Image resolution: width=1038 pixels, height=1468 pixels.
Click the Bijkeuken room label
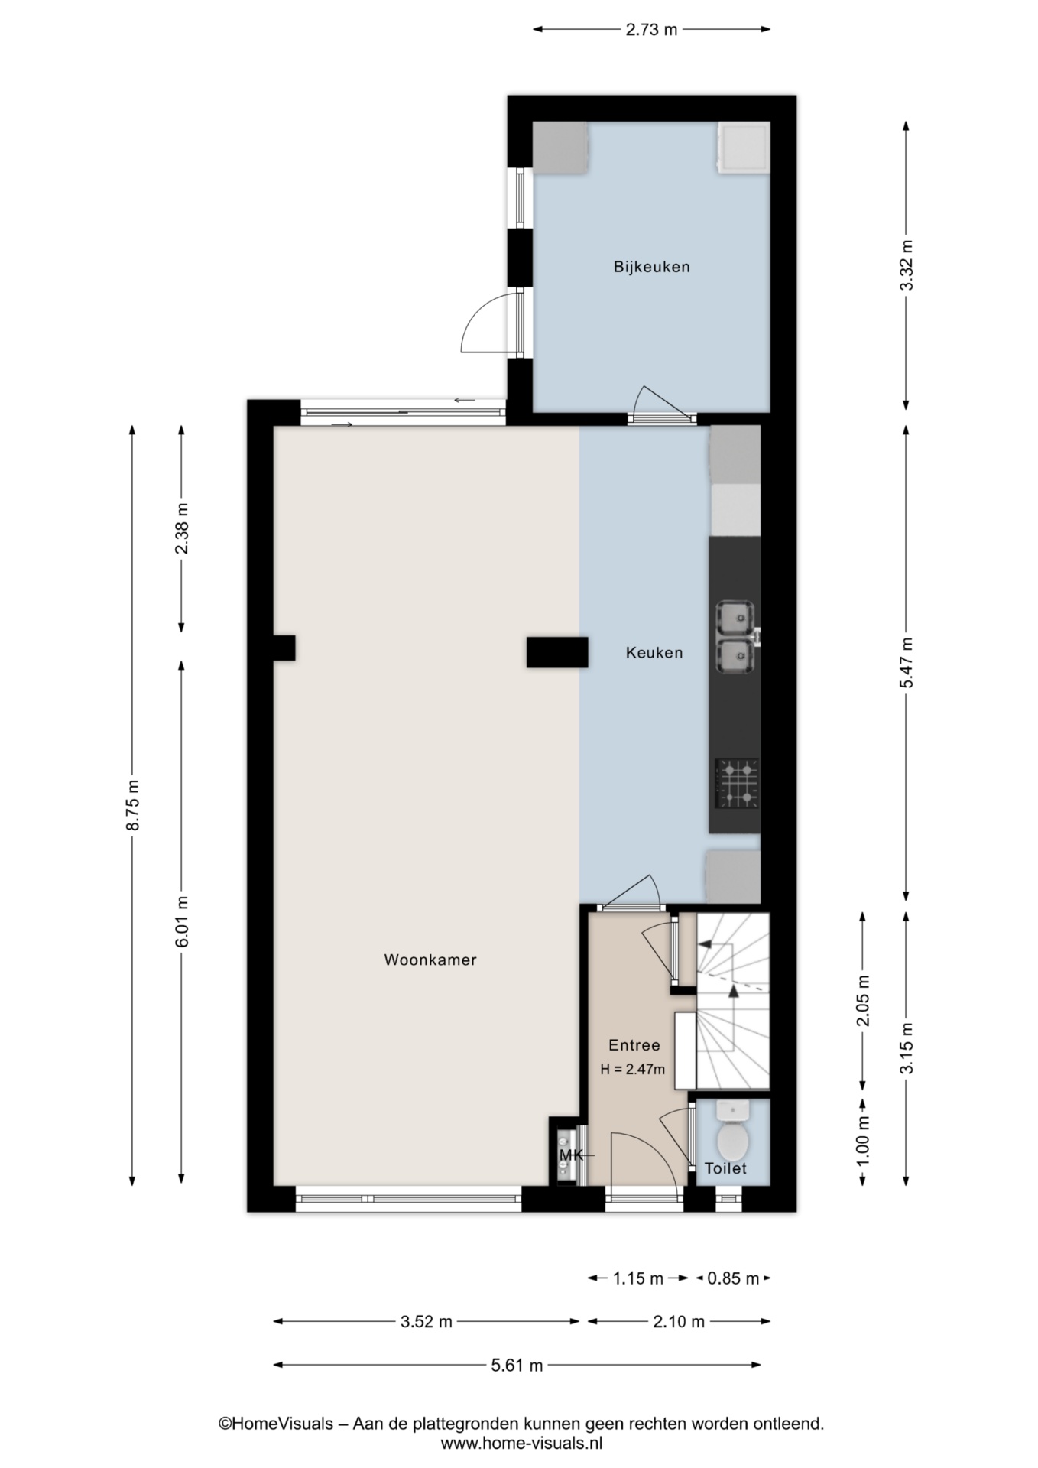click(651, 267)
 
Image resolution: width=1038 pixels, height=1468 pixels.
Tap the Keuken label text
click(654, 652)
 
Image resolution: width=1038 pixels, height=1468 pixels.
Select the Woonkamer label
click(430, 960)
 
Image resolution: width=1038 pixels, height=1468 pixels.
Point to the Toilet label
click(725, 1168)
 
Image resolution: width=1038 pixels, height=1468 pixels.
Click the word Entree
click(634, 1045)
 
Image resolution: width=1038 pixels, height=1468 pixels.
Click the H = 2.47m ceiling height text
click(633, 1070)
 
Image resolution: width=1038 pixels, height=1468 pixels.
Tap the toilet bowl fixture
click(733, 1135)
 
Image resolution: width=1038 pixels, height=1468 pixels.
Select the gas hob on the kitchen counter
click(737, 784)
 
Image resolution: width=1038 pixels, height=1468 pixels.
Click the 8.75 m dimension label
click(133, 805)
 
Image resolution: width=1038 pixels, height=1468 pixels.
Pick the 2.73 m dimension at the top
click(651, 30)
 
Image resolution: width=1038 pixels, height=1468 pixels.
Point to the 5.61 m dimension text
click(517, 1365)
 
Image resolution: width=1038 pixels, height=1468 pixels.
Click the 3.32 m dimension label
click(907, 265)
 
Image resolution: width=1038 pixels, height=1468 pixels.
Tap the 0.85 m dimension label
click(733, 1278)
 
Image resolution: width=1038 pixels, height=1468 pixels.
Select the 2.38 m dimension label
click(182, 529)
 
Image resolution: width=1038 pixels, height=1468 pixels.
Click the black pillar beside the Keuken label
click(557, 653)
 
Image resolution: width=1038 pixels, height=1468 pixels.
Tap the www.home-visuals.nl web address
click(521, 1444)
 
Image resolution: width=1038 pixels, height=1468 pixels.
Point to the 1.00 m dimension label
click(864, 1142)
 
